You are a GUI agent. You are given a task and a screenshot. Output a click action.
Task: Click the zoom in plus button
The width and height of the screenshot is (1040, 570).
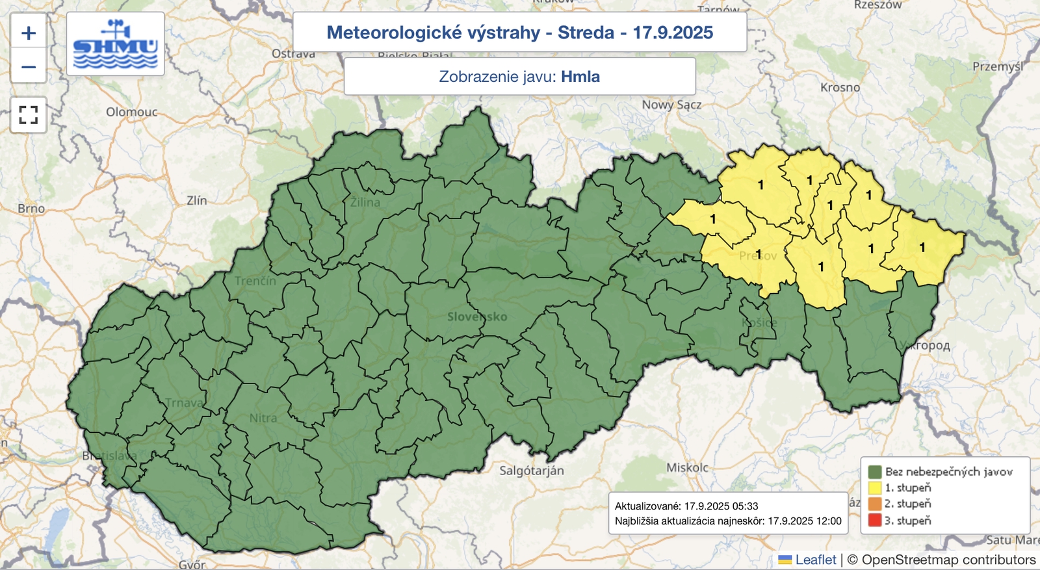[x=29, y=32]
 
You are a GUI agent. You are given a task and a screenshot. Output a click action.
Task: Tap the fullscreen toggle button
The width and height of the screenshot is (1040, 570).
[x=29, y=115]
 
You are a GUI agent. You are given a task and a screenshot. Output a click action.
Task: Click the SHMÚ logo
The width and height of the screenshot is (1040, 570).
[x=115, y=44]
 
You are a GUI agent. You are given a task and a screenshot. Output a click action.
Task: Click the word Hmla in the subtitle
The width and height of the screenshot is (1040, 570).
[x=580, y=77]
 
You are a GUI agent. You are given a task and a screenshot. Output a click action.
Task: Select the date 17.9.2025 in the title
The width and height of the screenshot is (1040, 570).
[x=673, y=32]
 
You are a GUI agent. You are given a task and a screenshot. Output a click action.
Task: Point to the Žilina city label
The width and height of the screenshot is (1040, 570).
[x=365, y=202]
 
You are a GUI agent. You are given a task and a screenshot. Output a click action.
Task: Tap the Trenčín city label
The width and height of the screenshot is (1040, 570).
[x=255, y=281]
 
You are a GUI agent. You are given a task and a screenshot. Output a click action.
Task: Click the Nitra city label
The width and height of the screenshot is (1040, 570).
[x=263, y=418]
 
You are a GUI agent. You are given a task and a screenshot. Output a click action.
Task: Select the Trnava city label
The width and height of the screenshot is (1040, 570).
[x=184, y=403]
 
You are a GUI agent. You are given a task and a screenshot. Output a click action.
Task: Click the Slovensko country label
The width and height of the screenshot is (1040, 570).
[x=476, y=317]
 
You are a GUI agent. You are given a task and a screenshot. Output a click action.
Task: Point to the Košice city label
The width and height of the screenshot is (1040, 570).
[x=759, y=322]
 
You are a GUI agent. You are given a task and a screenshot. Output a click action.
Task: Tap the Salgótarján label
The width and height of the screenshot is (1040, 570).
[x=531, y=471]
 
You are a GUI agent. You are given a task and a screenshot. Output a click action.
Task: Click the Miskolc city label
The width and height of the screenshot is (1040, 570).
[x=687, y=467]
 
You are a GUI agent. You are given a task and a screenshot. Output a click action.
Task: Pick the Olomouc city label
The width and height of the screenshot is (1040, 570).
[x=131, y=112]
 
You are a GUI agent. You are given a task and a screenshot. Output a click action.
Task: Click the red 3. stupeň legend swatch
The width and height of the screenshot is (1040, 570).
[x=874, y=520]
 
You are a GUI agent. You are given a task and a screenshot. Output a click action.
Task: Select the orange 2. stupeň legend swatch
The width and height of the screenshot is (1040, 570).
[x=874, y=504]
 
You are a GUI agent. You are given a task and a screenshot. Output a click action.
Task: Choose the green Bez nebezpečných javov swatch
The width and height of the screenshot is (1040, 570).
[x=874, y=471]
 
